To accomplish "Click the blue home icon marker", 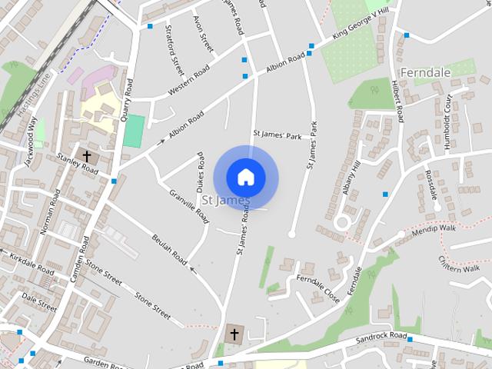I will [245, 177].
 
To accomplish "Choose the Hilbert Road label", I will [397, 101].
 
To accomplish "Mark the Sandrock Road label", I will [381, 337].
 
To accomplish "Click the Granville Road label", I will [189, 205].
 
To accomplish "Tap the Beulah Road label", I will [169, 247].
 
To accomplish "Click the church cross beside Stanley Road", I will [87, 156].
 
